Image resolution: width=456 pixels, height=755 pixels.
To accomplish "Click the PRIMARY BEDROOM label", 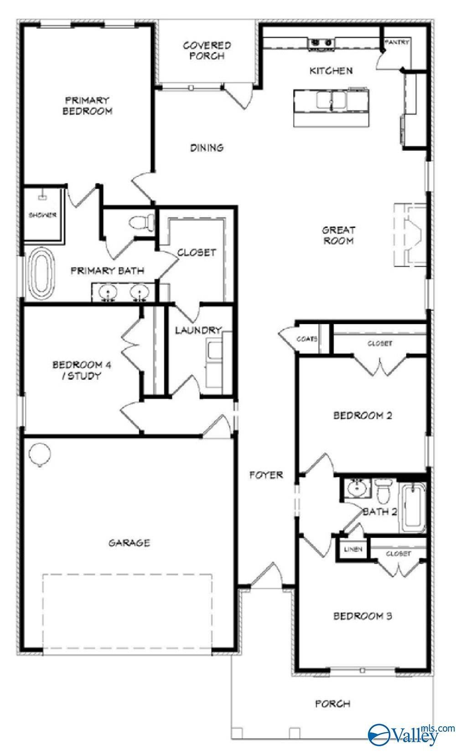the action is point(88,106).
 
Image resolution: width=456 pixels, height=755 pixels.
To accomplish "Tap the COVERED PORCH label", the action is point(207,51).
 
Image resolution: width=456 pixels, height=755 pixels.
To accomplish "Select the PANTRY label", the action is point(397,42).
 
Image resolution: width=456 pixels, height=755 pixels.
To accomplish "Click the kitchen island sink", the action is point(332,100).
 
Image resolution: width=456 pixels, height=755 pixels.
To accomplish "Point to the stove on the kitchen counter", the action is point(321,44).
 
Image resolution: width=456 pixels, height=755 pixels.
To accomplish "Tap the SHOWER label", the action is point(42,215).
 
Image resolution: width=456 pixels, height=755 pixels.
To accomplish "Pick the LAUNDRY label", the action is point(198,330).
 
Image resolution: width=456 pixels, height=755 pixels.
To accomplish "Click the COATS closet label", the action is point(307,339).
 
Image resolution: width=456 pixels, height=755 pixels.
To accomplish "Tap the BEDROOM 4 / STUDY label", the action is point(82,370).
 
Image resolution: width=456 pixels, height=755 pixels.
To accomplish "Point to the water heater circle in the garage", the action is point(40,454).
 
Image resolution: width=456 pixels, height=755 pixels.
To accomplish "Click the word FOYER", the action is point(266,475).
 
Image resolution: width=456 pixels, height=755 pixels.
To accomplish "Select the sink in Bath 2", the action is point(356,488).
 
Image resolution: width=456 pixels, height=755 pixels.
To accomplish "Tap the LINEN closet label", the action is point(353,549).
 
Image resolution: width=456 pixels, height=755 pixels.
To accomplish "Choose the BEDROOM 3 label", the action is point(363,616).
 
